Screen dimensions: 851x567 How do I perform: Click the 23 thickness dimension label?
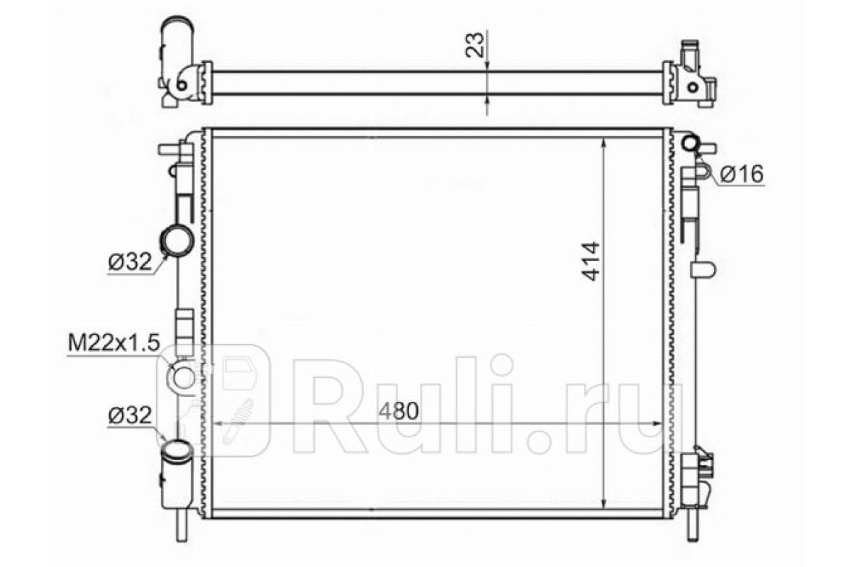(475, 45)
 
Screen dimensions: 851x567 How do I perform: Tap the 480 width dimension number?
(399, 410)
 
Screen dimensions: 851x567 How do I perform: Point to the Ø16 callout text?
(742, 174)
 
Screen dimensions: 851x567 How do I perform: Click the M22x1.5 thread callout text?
(113, 343)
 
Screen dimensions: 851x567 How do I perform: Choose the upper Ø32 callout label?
(130, 262)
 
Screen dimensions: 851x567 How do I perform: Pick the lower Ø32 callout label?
(130, 415)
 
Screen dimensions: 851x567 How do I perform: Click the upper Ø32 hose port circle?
(177, 240)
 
